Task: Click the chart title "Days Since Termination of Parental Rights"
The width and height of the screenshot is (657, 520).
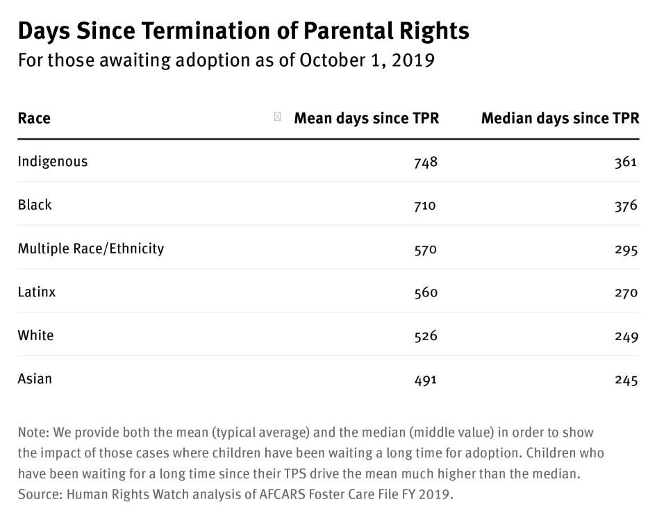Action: [x=243, y=31]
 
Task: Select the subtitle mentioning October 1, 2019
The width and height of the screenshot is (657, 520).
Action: [x=226, y=60]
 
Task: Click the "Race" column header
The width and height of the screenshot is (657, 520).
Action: [x=34, y=118]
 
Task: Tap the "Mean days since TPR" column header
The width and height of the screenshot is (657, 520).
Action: [x=366, y=118]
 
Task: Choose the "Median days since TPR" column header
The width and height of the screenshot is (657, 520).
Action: [x=560, y=118]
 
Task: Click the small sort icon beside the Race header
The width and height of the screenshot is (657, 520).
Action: [x=278, y=117]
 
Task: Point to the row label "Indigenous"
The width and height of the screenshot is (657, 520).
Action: [x=53, y=162]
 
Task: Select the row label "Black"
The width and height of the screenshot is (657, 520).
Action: [x=35, y=205]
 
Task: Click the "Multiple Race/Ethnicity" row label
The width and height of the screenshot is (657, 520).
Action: [x=91, y=249]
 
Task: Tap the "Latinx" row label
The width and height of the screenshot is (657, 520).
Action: [x=37, y=292]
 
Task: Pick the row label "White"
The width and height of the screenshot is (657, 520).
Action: [x=35, y=335]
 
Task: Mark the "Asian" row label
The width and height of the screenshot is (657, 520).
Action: [x=35, y=379]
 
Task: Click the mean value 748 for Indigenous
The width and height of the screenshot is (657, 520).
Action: [x=425, y=162]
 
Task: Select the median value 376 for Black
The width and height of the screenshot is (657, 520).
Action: [x=625, y=206]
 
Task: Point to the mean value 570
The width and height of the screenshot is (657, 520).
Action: [x=425, y=249]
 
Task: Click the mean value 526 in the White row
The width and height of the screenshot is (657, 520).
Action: [x=425, y=336]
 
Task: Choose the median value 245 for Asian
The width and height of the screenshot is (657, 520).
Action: [x=625, y=380]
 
